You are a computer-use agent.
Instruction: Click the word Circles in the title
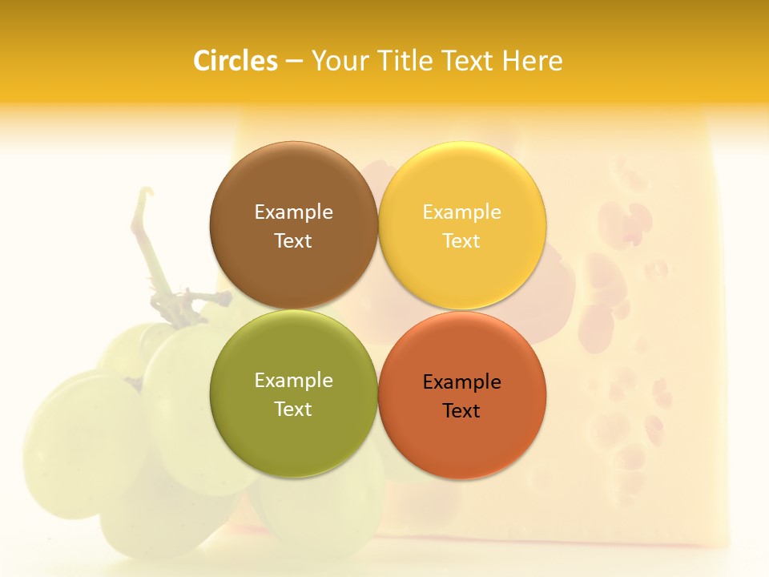pyautogui.click(x=235, y=61)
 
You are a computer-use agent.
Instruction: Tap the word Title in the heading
pyautogui.click(x=401, y=61)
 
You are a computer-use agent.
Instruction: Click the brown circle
pyautogui.click(x=293, y=184)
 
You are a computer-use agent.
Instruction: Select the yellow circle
pyautogui.click(x=461, y=184)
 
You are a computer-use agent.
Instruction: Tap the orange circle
pyautogui.click(x=461, y=437)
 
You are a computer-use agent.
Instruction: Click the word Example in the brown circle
pyautogui.click(x=293, y=212)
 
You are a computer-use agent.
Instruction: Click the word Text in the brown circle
pyautogui.click(x=293, y=241)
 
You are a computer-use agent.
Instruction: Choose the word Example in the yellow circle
pyautogui.click(x=461, y=212)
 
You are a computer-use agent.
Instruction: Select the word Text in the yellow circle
pyautogui.click(x=461, y=241)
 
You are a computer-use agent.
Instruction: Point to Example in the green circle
pyautogui.click(x=293, y=381)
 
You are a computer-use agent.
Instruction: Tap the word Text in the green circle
pyautogui.click(x=293, y=410)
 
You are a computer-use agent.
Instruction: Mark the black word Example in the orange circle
pyautogui.click(x=461, y=382)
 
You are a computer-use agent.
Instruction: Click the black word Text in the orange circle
pyautogui.click(x=461, y=411)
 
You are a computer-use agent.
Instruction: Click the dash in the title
pyautogui.click(x=294, y=62)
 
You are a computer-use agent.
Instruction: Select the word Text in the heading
pyautogui.click(x=466, y=61)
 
